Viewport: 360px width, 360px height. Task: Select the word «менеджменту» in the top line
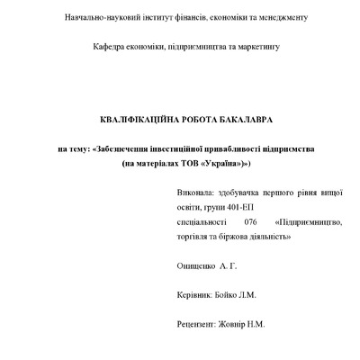click(x=280, y=17)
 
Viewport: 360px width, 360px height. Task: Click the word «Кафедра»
click(x=110, y=46)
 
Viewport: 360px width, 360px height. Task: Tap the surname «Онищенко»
click(x=201, y=267)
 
